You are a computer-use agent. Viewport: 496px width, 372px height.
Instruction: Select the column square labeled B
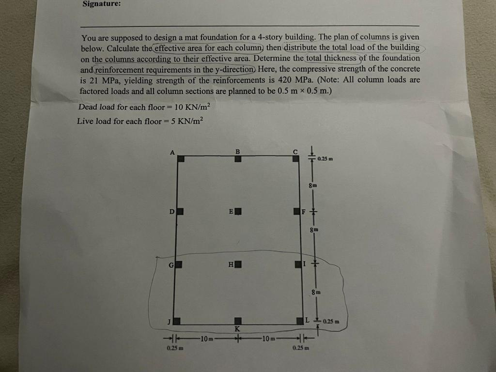click(x=237, y=158)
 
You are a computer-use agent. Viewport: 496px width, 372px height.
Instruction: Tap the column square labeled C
click(x=296, y=158)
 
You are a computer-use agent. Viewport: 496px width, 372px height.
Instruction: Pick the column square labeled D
click(x=179, y=211)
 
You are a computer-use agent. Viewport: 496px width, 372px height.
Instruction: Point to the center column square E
click(x=238, y=211)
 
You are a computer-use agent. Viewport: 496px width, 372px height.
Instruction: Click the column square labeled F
click(x=296, y=211)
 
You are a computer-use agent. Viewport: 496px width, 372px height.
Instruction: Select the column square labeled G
click(x=178, y=264)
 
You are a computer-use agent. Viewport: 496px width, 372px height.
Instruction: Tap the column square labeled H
click(x=238, y=264)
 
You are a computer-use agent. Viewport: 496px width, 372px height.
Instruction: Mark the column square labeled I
click(x=297, y=264)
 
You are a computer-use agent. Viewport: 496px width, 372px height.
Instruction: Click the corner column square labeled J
click(x=177, y=321)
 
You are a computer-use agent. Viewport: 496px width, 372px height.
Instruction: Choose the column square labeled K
click(x=238, y=321)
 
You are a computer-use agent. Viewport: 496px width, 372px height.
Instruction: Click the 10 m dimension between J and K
click(x=205, y=337)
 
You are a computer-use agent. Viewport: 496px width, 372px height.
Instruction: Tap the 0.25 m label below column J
click(x=168, y=348)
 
